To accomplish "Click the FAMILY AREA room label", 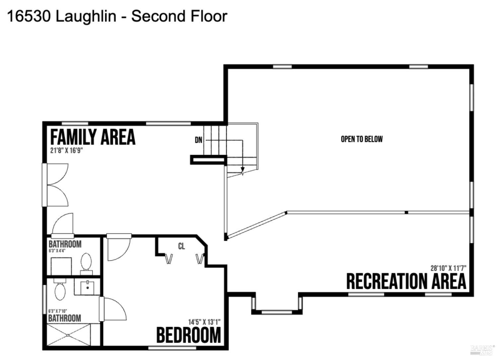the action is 93,137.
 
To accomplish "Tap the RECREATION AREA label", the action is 406,281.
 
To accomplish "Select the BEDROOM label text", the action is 189,335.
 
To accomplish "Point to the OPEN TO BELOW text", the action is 362,139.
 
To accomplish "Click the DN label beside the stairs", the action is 199,140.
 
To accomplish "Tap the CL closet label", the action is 181,246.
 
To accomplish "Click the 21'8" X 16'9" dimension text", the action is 66,150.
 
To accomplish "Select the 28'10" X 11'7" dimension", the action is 448,268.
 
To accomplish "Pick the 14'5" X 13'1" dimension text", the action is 204,322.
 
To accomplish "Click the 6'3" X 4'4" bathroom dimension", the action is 57,251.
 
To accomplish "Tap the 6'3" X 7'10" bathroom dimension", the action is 57,311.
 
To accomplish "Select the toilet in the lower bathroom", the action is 59,289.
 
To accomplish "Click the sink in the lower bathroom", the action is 87,287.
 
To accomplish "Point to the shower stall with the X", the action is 68,335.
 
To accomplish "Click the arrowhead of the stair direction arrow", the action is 243,171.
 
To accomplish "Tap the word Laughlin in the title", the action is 86,17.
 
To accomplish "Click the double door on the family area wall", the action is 55,185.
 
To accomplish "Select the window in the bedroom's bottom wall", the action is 172,348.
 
